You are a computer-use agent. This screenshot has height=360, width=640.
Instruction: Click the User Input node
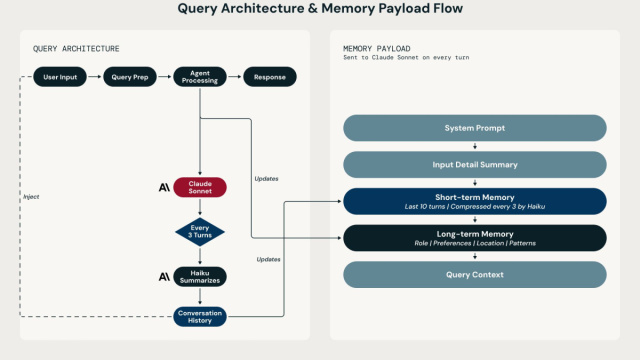pos(60,77)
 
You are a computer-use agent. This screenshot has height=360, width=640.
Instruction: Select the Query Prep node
pos(130,77)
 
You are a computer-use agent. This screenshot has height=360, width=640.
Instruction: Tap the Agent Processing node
pos(200,77)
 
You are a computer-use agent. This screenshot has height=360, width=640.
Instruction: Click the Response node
pos(270,77)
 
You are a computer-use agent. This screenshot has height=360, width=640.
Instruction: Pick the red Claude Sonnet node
pos(200,187)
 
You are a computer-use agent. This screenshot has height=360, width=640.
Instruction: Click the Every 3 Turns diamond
pos(200,232)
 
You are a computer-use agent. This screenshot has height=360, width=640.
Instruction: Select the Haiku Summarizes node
pos(200,277)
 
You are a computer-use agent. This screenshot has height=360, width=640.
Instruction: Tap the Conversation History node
pos(200,317)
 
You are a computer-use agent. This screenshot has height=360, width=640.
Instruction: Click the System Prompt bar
pos(475,128)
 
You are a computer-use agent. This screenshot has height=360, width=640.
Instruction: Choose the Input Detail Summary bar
pos(475,164)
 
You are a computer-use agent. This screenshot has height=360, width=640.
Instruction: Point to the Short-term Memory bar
pos(475,201)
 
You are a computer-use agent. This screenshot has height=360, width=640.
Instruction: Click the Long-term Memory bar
pos(475,238)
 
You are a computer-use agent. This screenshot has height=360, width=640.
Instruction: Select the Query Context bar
pos(475,275)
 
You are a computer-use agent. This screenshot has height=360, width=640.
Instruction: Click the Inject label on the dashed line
pos(31,197)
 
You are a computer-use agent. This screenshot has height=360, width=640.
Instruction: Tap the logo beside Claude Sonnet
pos(164,187)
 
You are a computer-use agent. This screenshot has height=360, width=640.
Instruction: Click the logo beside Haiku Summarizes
pos(164,277)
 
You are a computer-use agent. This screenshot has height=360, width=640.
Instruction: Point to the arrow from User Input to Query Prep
pos(95,77)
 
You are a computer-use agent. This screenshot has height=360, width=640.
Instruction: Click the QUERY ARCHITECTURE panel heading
pos(76,49)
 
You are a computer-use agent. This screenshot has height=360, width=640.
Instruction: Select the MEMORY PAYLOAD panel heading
pos(377,49)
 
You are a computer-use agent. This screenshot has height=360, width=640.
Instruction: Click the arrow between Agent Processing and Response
pos(235,77)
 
